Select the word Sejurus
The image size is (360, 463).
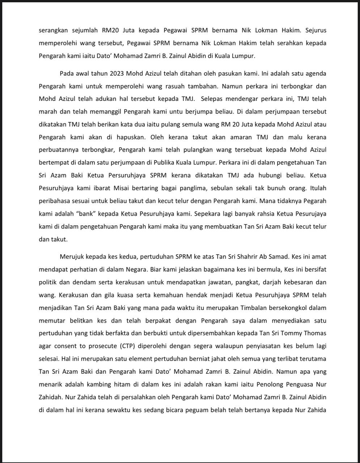[316, 30]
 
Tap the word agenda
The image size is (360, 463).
[316, 73]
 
